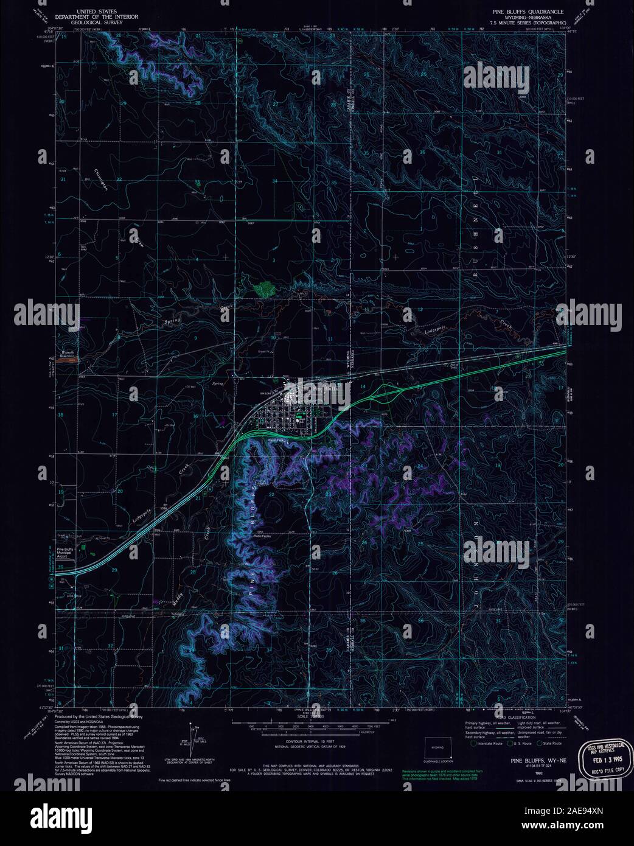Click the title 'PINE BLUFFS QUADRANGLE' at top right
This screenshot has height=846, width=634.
point(528,12)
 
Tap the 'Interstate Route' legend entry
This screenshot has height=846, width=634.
point(487,744)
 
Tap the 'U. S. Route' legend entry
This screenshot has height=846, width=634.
point(521,744)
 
